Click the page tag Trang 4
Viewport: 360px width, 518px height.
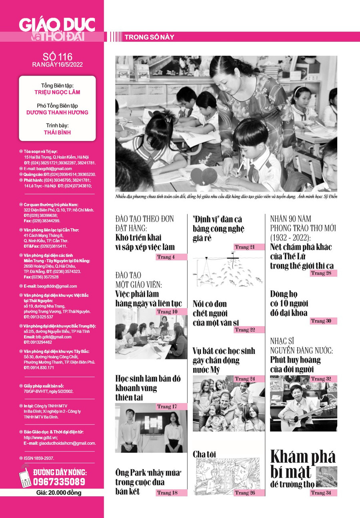pos(171,257)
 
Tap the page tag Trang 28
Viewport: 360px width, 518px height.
pos(323,273)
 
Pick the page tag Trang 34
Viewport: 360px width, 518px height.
pos(323,493)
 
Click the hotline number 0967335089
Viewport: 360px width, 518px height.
pos(59,481)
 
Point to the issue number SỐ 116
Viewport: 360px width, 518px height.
pos(58,57)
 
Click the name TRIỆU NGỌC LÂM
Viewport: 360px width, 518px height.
pos(57,92)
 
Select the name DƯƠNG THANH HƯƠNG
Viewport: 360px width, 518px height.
pos(57,112)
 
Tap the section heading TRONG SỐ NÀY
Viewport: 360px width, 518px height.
pos(149,37)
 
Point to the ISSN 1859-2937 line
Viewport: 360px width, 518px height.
pos(38,458)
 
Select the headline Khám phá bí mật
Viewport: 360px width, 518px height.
pos(303,464)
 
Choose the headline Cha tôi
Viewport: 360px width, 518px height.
pos(204,454)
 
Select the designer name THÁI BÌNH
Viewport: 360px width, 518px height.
pos(57,132)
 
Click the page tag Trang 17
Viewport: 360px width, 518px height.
pos(171,406)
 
